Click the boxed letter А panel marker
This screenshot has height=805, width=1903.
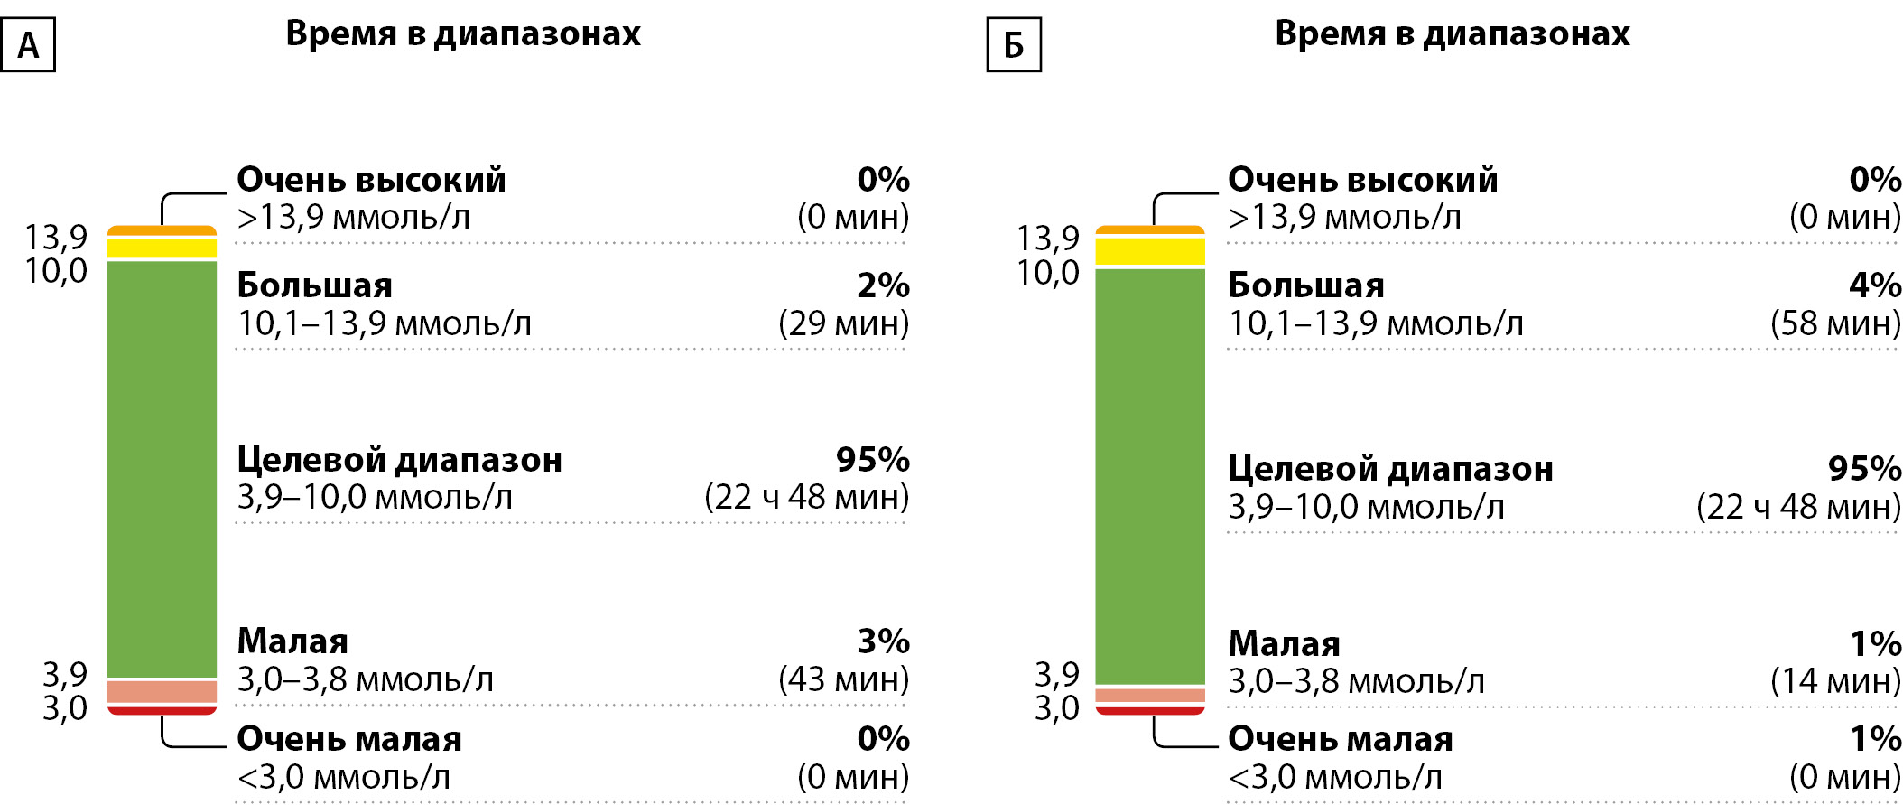(x=28, y=44)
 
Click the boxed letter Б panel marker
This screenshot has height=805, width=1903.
(x=1014, y=44)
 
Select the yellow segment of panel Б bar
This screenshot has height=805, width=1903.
(x=1150, y=251)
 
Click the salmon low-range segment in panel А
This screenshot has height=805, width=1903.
(x=162, y=691)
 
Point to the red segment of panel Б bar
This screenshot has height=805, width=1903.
(x=1150, y=710)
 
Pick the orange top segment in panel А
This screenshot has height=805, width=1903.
(x=162, y=231)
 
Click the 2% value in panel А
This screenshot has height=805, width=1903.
(x=883, y=285)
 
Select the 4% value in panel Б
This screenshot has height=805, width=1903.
(x=1874, y=285)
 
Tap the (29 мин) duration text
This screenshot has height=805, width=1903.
(x=843, y=323)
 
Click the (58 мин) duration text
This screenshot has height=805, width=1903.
(x=1835, y=323)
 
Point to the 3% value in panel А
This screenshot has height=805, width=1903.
(x=883, y=641)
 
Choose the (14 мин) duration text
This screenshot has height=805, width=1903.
(x=1835, y=681)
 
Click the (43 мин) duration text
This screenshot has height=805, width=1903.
(x=843, y=679)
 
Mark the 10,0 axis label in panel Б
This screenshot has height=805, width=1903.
(x=1048, y=272)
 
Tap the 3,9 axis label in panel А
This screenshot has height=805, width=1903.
(x=65, y=674)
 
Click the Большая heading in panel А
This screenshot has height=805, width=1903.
(x=314, y=285)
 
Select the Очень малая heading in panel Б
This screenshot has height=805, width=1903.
(x=1340, y=739)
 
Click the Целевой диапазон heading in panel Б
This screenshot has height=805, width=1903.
(x=1390, y=469)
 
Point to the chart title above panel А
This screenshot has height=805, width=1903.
(x=463, y=33)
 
